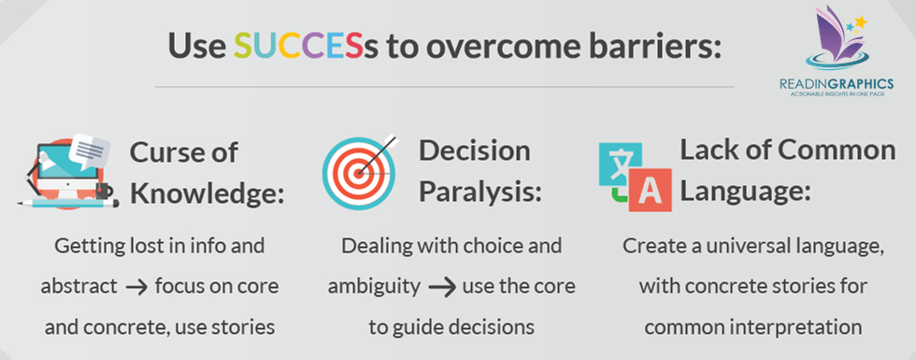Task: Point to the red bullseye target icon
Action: [359, 173]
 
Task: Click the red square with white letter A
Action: [649, 189]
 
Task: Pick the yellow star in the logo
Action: [860, 22]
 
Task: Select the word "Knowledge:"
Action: [207, 194]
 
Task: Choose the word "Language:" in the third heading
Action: [746, 191]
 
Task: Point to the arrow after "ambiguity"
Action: [441, 288]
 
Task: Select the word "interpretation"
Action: [805, 327]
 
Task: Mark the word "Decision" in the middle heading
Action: [475, 151]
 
